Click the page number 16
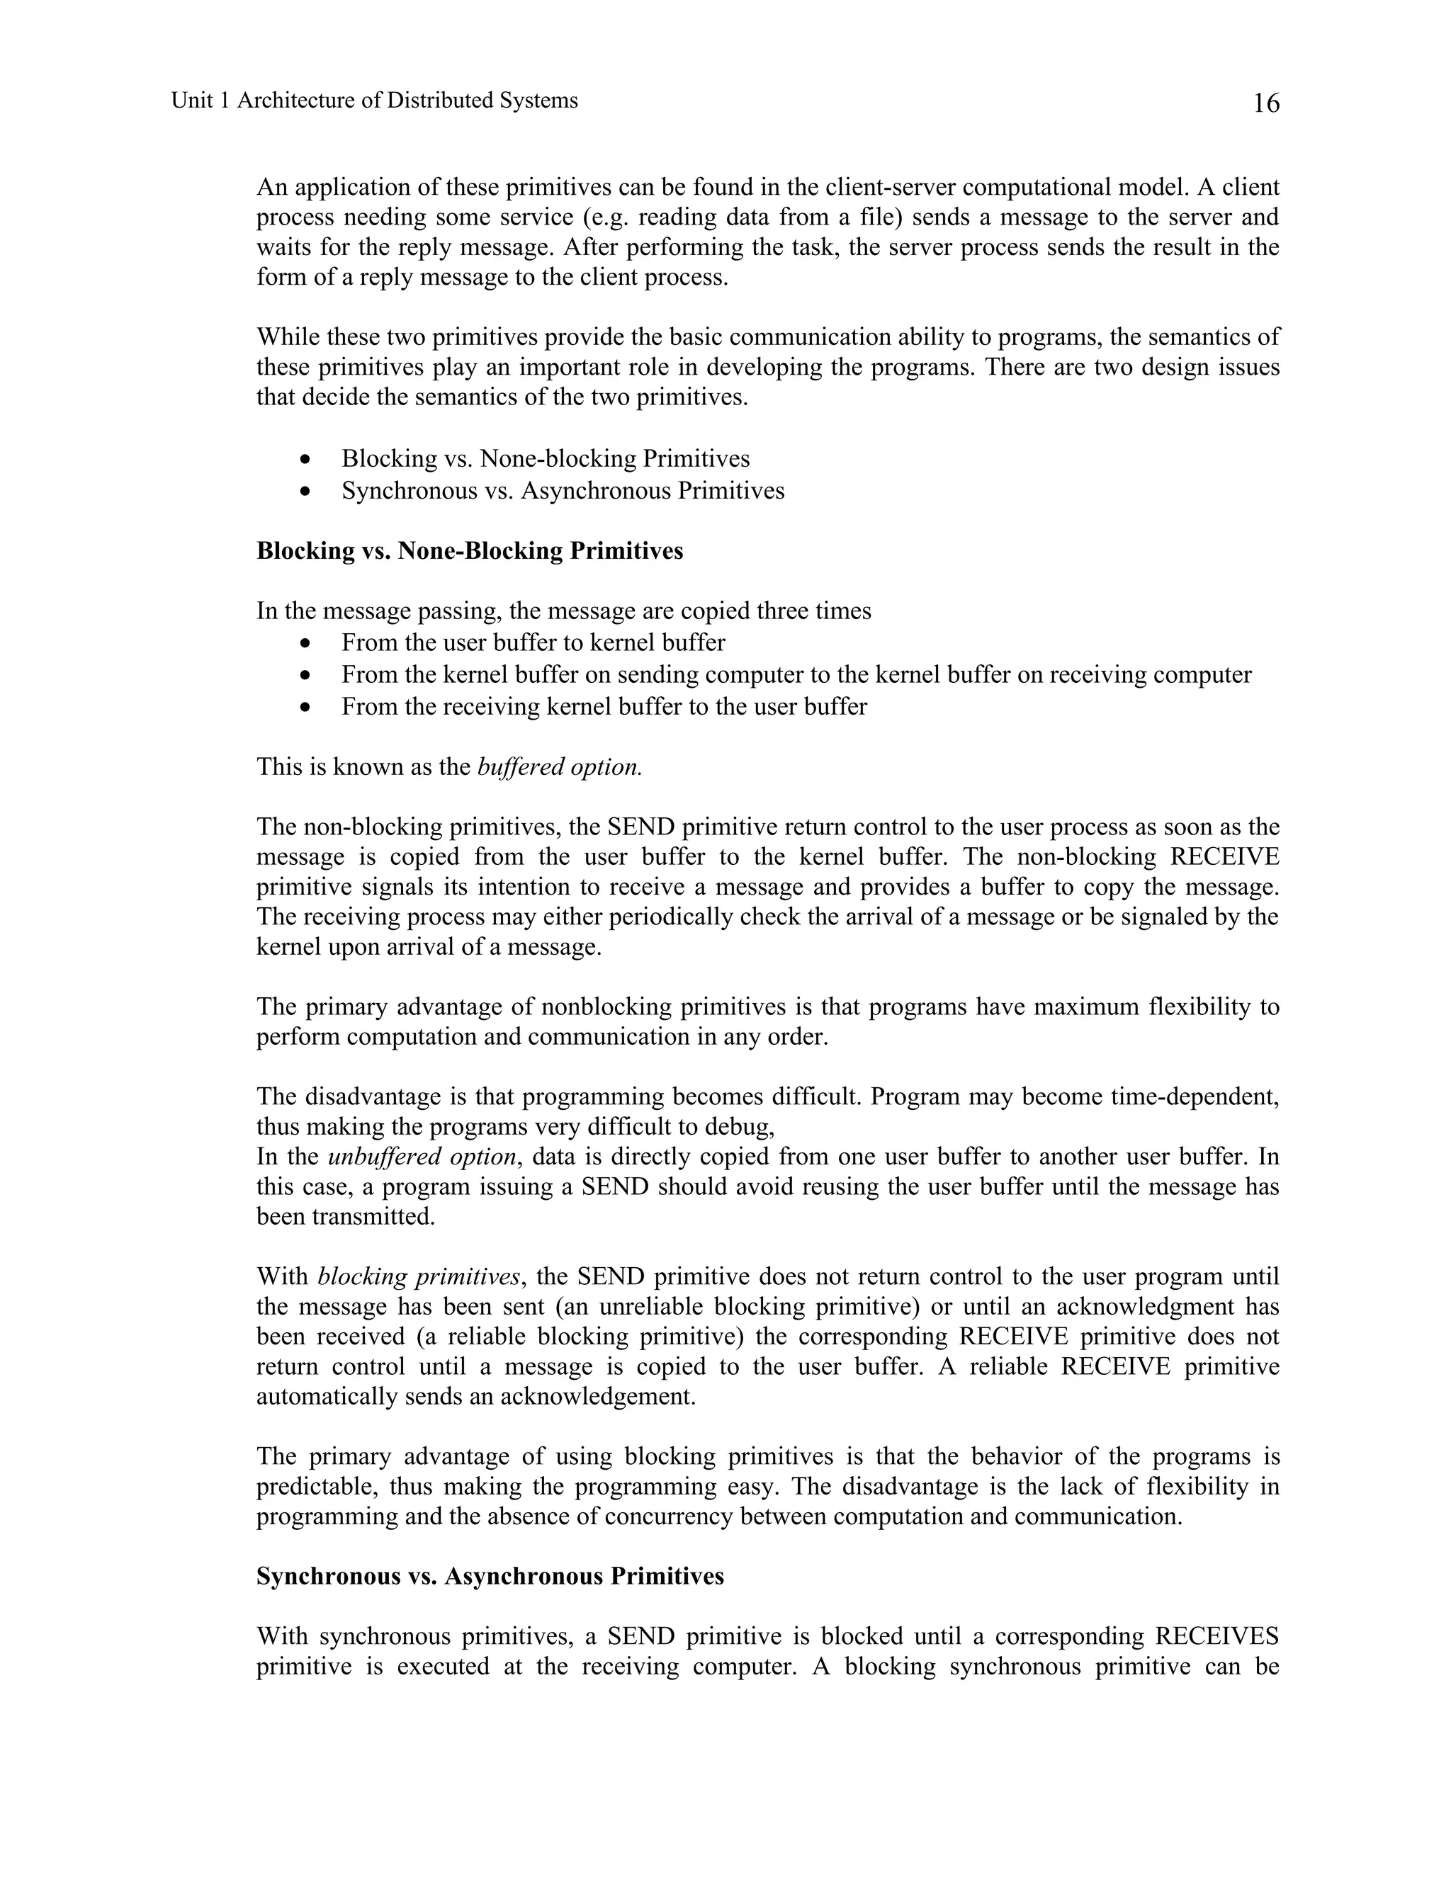[x=1265, y=103]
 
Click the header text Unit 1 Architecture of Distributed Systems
[x=374, y=101]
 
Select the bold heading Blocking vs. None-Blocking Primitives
[x=469, y=551]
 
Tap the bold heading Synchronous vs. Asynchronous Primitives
[x=490, y=1576]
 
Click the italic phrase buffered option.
[x=559, y=766]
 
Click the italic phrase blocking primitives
[x=419, y=1277]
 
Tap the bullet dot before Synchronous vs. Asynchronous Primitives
[x=306, y=492]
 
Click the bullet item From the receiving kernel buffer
[x=604, y=706]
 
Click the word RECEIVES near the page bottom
[x=1216, y=1636]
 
